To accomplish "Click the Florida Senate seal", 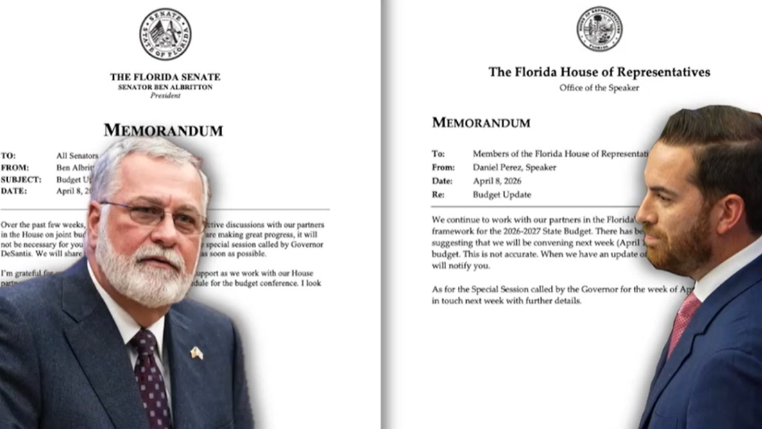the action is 165,34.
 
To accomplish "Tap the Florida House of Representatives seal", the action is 599,29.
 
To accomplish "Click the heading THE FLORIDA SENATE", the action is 165,77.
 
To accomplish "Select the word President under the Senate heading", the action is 165,95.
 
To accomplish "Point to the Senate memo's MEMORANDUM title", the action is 163,130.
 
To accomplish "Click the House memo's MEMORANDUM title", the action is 481,123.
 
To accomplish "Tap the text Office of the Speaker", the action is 599,88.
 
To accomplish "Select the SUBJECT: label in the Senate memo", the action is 21,179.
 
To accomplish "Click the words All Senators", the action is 77,156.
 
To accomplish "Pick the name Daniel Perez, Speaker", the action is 514,167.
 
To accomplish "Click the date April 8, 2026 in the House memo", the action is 496,181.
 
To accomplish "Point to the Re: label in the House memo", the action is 438,195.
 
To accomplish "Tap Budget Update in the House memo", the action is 501,195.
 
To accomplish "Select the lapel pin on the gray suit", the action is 196,353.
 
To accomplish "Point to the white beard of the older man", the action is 140,274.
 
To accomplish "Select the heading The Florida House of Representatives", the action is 599,72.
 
